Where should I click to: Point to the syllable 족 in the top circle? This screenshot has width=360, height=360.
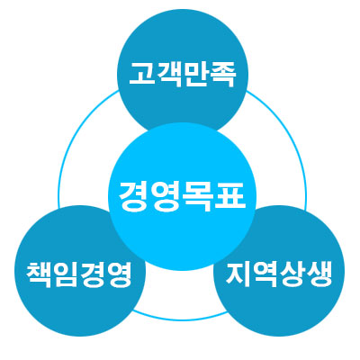pyautogui.click(x=221, y=74)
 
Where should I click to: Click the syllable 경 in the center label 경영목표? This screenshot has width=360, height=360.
pyautogui.click(x=133, y=196)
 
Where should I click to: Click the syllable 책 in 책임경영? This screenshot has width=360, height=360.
pyautogui.click(x=39, y=274)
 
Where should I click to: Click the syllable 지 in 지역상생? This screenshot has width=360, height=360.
pyautogui.click(x=238, y=274)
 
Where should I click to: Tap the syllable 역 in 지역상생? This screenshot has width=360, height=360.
pyautogui.click(x=265, y=274)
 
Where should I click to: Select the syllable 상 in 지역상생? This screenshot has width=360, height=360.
pyautogui.click(x=292, y=274)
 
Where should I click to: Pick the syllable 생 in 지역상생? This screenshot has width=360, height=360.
pyautogui.click(x=319, y=274)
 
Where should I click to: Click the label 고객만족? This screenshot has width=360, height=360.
pyautogui.click(x=182, y=74)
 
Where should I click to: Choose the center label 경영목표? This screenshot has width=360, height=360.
pyautogui.click(x=182, y=196)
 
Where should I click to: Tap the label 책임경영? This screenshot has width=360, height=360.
pyautogui.click(x=78, y=274)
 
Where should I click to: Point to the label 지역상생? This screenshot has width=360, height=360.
pyautogui.click(x=279, y=274)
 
